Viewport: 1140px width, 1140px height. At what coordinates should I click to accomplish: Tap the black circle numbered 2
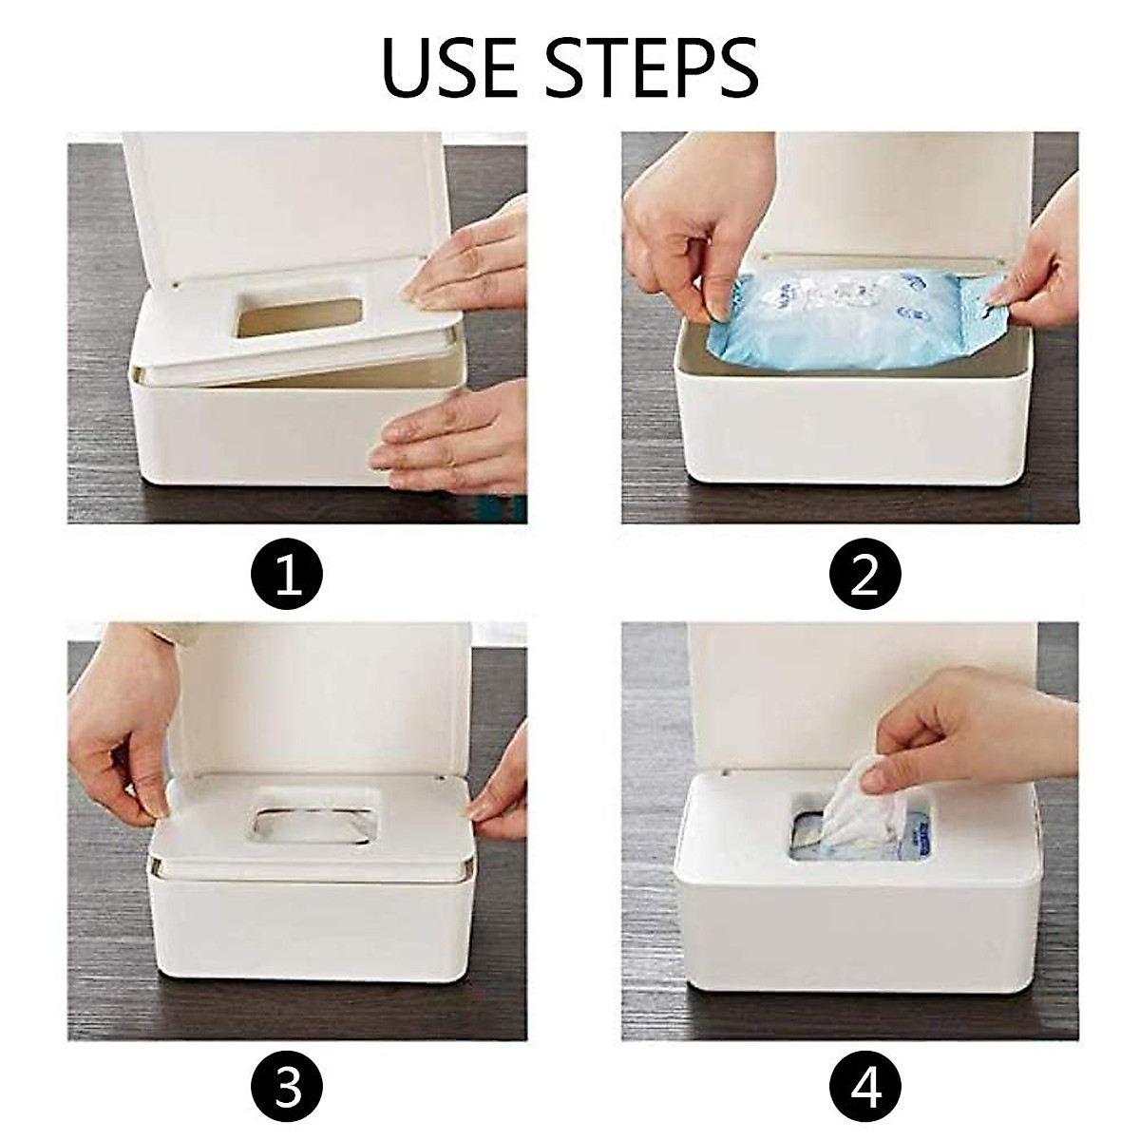coord(864,576)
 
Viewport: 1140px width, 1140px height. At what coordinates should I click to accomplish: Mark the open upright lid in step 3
coord(313,693)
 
